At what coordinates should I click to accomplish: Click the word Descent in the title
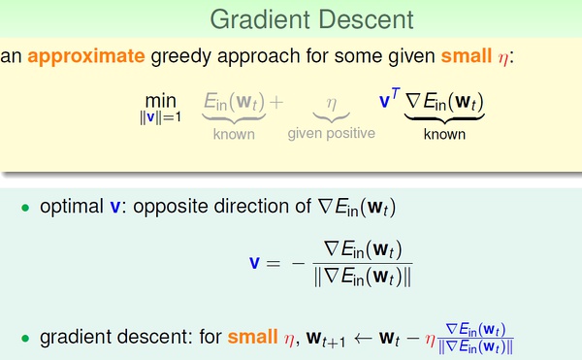[366, 19]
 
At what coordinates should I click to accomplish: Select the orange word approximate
[86, 57]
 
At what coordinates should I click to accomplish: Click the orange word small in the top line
[467, 55]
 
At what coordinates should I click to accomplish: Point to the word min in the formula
[161, 101]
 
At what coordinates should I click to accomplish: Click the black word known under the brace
[444, 134]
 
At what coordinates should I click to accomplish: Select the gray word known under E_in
[234, 134]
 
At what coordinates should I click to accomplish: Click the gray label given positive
[332, 133]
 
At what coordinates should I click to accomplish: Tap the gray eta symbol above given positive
[332, 104]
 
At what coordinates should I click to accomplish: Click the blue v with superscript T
[389, 98]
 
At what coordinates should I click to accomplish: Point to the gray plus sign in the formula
[276, 102]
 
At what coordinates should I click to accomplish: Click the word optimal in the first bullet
[72, 207]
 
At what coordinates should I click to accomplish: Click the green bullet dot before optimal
[25, 208]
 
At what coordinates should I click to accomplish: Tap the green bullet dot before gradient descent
[25, 338]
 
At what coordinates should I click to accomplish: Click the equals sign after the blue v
[274, 264]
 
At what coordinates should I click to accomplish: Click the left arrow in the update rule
[364, 338]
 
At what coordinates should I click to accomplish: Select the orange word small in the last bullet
[253, 337]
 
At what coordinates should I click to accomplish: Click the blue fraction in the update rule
[476, 338]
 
